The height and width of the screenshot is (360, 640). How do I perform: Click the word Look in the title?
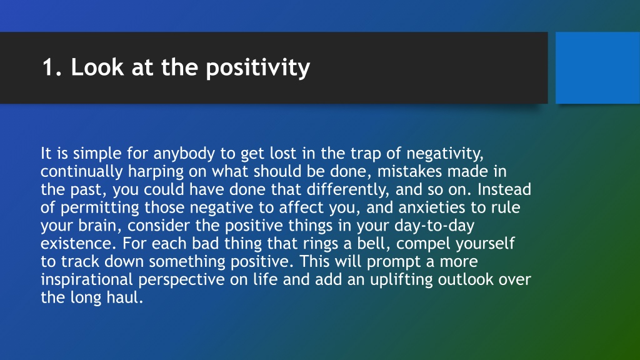pyautogui.click(x=97, y=67)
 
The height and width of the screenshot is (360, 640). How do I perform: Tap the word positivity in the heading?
pyautogui.click(x=258, y=68)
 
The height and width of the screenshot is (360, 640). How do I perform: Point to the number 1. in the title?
pyautogui.click(x=52, y=67)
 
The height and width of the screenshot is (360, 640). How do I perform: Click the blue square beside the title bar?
pyautogui.click(x=597, y=67)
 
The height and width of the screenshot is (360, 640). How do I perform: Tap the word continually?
pyautogui.click(x=82, y=172)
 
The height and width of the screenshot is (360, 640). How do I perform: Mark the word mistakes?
pyautogui.click(x=409, y=171)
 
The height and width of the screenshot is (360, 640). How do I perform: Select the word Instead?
pyautogui.click(x=504, y=189)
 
